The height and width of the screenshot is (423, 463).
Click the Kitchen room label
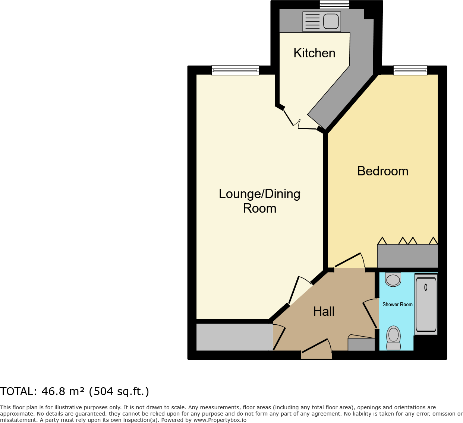click(314, 53)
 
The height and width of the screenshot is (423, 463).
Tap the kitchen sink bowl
click(331, 21)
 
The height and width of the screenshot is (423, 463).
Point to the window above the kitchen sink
click(334, 4)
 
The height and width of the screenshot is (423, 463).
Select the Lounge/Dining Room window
click(235, 70)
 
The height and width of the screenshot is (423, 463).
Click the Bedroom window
click(410, 70)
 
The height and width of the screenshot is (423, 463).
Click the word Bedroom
click(382, 171)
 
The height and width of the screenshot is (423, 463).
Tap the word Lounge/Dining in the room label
click(259, 194)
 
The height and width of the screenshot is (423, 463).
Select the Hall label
click(324, 311)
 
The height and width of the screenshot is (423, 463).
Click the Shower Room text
click(397, 304)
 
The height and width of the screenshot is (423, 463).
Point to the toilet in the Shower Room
click(393, 337)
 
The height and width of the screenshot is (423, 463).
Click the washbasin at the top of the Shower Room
click(393, 279)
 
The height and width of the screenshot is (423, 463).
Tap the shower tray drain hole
click(425, 287)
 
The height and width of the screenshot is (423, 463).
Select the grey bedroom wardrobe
click(407, 256)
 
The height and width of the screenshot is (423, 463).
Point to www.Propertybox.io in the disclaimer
click(220, 420)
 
